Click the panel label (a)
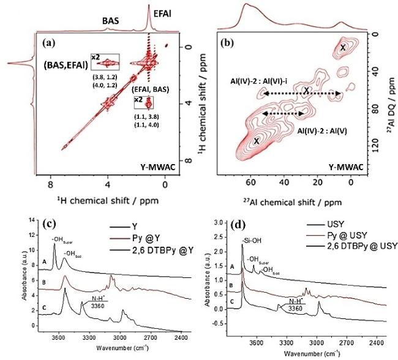coord(48,43)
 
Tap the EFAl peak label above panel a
coord(162,13)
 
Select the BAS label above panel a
coord(111,21)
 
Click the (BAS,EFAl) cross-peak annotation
coord(66,66)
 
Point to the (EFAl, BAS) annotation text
coord(150,89)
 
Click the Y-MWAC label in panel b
coord(346,167)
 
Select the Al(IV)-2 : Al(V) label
coord(322,131)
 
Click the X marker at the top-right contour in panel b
coord(343,48)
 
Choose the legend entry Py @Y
coord(146,238)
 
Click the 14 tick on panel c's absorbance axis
coord(32,220)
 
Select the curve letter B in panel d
coord(231,285)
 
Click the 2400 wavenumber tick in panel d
coord(377,343)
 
